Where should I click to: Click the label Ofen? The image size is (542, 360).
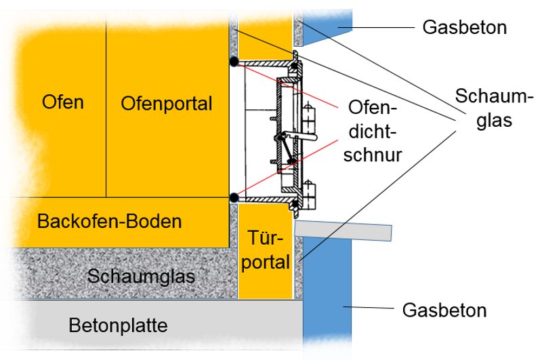[x=62, y=103]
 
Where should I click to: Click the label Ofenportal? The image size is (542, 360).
[x=167, y=104]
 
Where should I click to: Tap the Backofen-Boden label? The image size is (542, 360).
[x=110, y=222]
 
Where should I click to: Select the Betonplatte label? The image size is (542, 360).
[x=118, y=326]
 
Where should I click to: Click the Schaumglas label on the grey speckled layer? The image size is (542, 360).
[x=141, y=276]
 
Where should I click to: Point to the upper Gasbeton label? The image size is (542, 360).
[x=464, y=28]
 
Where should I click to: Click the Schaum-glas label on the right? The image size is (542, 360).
[x=482, y=107]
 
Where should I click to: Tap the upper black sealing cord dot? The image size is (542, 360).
[x=233, y=62]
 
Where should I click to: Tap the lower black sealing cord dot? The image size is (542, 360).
[x=233, y=197]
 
